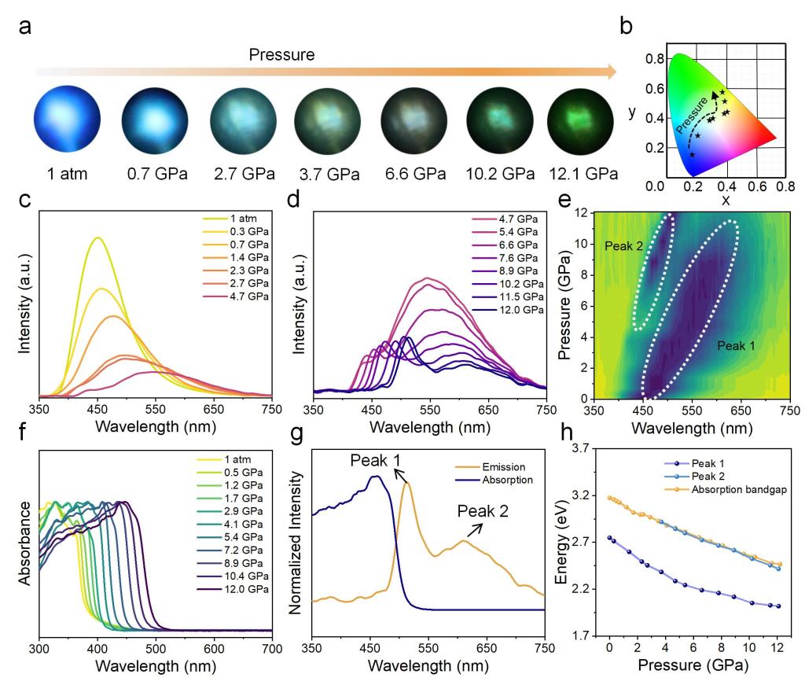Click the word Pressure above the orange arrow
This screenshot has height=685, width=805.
pos(282,55)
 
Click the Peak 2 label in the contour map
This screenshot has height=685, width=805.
pos(623,245)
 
